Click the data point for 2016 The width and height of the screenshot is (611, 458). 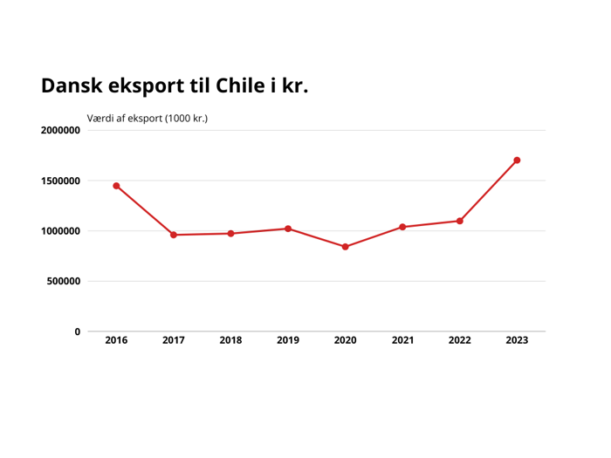pos(116,186)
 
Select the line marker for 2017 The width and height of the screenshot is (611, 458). pos(174,235)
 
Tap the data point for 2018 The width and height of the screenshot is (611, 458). pos(230,234)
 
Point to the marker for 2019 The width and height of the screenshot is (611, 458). pos(288,229)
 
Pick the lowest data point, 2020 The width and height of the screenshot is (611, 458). pos(346,247)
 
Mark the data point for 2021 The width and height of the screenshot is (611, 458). pos(402,227)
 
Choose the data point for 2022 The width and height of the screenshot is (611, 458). pos(460,221)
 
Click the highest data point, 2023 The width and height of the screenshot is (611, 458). pos(517,161)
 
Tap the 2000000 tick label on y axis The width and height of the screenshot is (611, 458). pos(60,131)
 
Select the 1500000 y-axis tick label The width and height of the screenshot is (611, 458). pos(60,181)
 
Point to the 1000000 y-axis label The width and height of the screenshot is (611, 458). pos(60,231)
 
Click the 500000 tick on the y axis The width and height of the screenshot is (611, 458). pos(64,282)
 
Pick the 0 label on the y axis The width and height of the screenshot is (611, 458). pos(77,332)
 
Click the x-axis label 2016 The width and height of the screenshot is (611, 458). pos(116,340)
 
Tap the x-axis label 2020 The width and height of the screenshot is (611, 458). pos(346,340)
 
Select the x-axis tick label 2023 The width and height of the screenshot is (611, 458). pos(517,340)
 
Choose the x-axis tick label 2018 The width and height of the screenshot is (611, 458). pos(230,340)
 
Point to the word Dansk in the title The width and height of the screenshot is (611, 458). pos(72,86)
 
